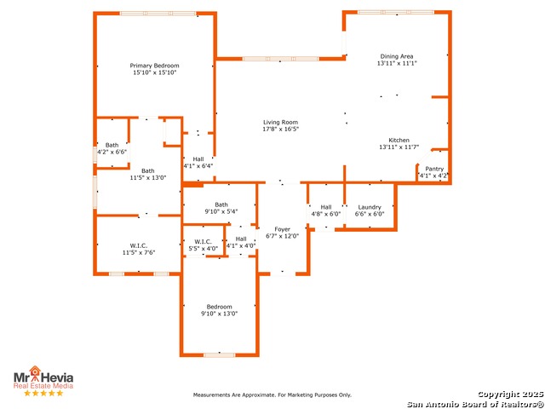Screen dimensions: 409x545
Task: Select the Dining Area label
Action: click(x=398, y=55)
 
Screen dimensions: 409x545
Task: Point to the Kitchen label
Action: click(x=399, y=140)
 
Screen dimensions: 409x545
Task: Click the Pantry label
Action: click(x=434, y=169)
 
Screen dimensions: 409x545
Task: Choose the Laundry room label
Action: click(x=370, y=207)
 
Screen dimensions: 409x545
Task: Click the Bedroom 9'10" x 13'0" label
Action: click(x=219, y=307)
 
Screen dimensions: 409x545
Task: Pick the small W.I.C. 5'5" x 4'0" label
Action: click(x=203, y=241)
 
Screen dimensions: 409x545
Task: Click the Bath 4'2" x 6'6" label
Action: click(x=112, y=145)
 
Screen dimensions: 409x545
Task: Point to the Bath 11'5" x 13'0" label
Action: click(x=148, y=170)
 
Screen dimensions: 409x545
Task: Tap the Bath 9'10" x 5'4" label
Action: click(x=221, y=204)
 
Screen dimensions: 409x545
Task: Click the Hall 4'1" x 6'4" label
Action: click(x=198, y=159)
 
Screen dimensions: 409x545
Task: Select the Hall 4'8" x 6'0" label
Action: click(x=325, y=207)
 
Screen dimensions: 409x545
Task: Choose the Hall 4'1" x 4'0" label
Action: click(x=241, y=239)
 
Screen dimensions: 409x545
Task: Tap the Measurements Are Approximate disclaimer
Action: click(x=272, y=395)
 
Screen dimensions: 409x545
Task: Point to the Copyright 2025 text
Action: click(x=508, y=394)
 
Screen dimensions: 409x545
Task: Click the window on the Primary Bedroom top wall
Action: click(x=158, y=13)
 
